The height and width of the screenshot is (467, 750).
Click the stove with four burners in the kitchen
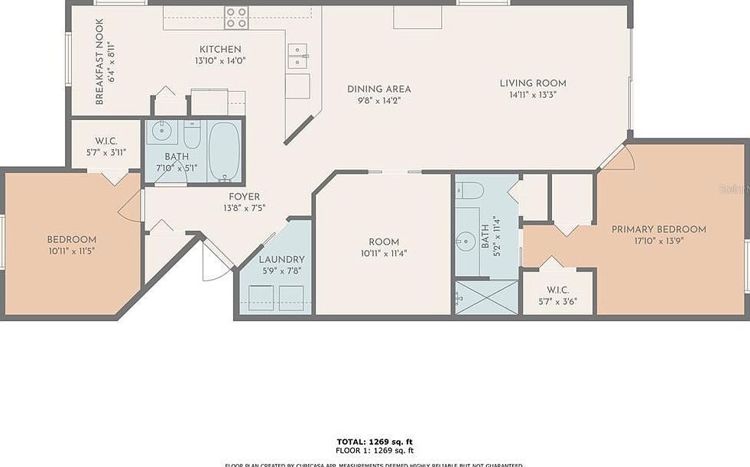235,17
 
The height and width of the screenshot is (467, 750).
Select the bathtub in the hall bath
224,151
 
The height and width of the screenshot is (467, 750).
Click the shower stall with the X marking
485,297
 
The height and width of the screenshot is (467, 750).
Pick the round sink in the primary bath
466,242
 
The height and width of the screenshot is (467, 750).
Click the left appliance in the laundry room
261,297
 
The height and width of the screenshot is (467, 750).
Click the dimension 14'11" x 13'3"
532,96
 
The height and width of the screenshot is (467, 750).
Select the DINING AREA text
378,89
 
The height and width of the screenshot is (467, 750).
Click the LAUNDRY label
281,259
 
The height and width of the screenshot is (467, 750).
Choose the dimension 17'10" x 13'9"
658,240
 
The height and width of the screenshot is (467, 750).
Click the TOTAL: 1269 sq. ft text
375,442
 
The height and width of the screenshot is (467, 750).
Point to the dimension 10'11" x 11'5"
71,250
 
